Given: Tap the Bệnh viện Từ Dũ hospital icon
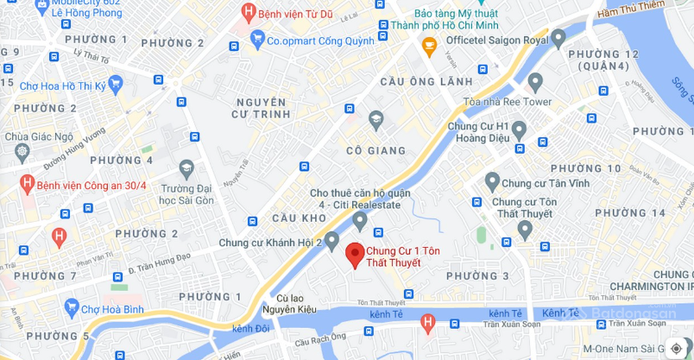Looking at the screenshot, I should [249, 12].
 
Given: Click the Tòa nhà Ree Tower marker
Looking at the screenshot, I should [534, 82].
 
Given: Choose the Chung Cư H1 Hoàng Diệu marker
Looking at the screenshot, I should [518, 130].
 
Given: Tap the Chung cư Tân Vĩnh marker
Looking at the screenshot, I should [492, 181].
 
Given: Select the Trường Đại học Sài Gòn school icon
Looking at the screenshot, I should [186, 168].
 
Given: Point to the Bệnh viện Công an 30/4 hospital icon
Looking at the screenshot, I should [27, 183].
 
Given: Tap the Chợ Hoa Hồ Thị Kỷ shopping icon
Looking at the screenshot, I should [115, 84].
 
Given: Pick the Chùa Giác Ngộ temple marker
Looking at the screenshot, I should [22, 155].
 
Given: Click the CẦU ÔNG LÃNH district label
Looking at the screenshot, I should [426, 81].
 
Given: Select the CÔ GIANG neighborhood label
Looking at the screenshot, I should [375, 150].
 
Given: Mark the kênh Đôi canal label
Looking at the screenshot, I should [251, 328].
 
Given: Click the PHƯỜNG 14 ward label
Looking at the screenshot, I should [630, 212].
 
